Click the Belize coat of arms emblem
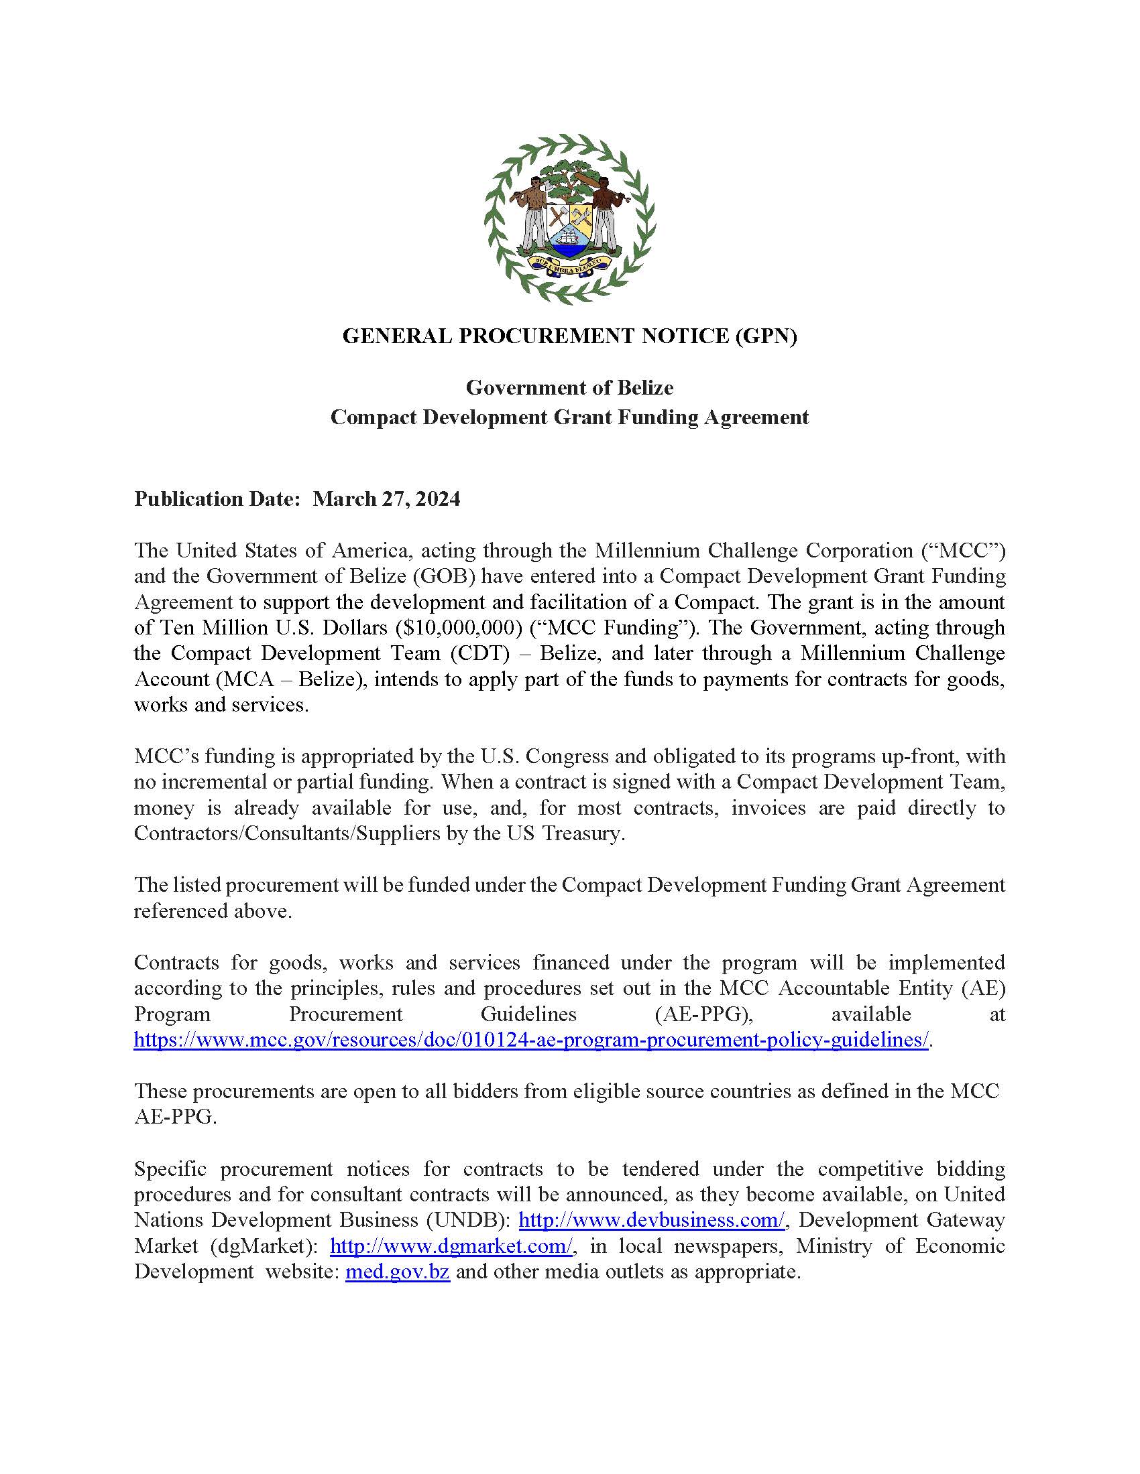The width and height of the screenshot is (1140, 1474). click(569, 218)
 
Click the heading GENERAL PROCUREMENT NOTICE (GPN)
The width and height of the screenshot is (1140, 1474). click(569, 336)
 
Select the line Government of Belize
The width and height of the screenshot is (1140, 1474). click(569, 387)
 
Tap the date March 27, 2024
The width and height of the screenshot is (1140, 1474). click(387, 498)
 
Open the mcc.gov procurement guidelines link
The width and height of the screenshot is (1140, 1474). click(532, 1040)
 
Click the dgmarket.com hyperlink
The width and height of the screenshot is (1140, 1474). click(452, 1246)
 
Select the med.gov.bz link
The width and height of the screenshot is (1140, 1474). click(397, 1272)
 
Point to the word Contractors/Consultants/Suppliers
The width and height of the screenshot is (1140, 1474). click(287, 833)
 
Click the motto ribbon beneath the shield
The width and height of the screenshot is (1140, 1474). click(569, 264)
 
